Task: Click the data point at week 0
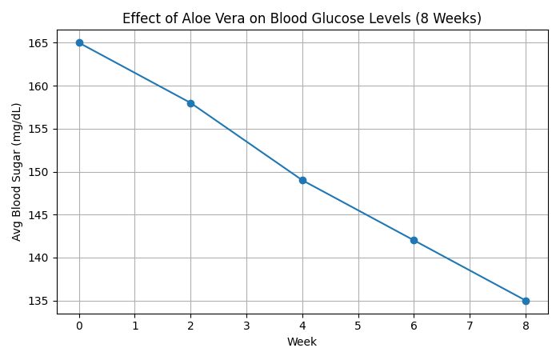pyautogui.click(x=79, y=42)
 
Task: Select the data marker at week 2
pyautogui.click(x=190, y=103)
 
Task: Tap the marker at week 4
pyautogui.click(x=302, y=180)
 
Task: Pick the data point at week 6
pyautogui.click(x=414, y=240)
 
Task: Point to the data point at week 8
pyautogui.click(x=526, y=301)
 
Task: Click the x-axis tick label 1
pyautogui.click(x=135, y=326)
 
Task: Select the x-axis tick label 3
pyautogui.click(x=246, y=326)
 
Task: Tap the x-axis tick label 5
pyautogui.click(x=358, y=326)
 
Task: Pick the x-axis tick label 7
pyautogui.click(x=470, y=326)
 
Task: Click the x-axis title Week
pyautogui.click(x=302, y=342)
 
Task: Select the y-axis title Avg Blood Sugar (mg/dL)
pyautogui.click(x=17, y=172)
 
